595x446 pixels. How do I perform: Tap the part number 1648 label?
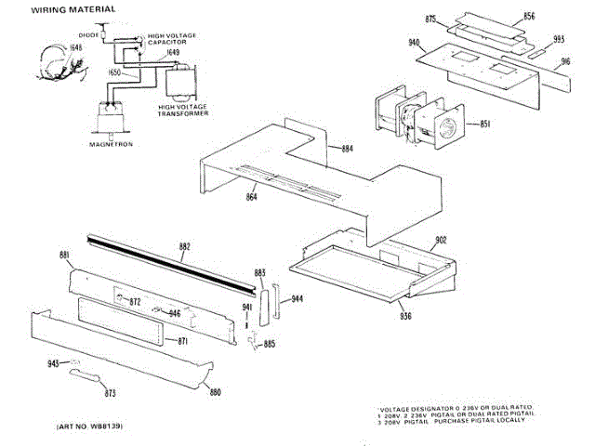(49, 46)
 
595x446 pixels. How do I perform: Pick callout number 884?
(347, 149)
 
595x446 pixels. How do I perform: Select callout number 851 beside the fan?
(484, 124)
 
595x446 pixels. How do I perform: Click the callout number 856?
(528, 17)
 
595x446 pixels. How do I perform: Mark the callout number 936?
(405, 317)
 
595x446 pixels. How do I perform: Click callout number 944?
(297, 299)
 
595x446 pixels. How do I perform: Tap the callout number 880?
(215, 391)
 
